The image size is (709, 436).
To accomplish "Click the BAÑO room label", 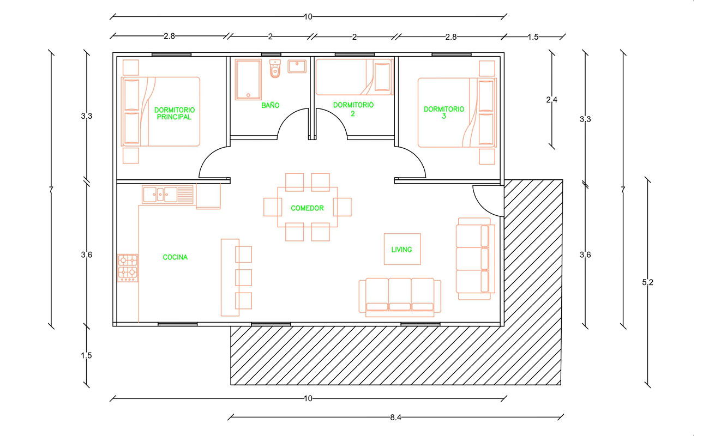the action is tap(271, 105).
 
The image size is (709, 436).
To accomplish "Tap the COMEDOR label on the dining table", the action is tap(307, 208).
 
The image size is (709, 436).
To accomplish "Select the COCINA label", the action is tap(175, 257).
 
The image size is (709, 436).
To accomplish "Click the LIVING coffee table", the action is tap(402, 249).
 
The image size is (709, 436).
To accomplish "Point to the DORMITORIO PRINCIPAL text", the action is tap(175, 113).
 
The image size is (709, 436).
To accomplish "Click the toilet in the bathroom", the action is tap(275, 68).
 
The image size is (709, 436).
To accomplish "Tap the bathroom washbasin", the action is tap(297, 66).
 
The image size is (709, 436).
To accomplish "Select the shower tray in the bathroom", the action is tap(248, 80).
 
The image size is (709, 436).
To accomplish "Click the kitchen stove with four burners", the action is tap(128, 268).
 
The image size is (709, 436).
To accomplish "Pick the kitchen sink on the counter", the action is tap(160, 195).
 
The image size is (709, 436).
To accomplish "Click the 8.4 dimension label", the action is tap(395, 417).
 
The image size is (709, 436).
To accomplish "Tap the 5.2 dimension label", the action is tap(647, 282).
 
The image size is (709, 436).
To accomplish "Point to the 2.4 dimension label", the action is tap(552, 100).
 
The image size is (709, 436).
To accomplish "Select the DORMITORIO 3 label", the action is tap(444, 113).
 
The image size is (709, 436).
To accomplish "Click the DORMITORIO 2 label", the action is tap(353, 109).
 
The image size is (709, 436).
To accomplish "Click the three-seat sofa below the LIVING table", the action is tap(400, 298).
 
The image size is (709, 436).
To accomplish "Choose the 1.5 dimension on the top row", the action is tap(533, 37).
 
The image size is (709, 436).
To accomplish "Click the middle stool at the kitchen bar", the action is tap(243, 277).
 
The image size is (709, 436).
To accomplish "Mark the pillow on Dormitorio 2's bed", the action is tap(382, 77).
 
